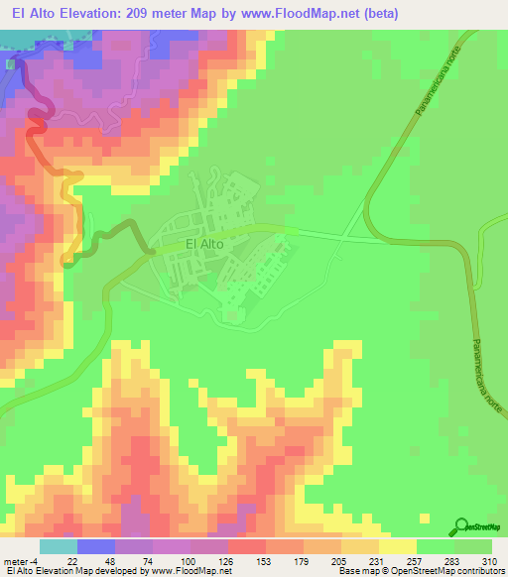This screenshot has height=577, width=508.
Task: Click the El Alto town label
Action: [x=202, y=242]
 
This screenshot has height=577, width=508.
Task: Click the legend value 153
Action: [x=245, y=560]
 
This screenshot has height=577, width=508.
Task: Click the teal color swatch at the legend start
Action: [x=59, y=546]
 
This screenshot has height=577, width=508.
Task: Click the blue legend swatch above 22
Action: [x=96, y=546]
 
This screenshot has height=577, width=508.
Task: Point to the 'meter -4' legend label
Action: [x=21, y=560]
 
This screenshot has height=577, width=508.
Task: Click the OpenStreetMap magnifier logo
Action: [x=462, y=525]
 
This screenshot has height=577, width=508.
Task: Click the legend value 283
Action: [x=439, y=560]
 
